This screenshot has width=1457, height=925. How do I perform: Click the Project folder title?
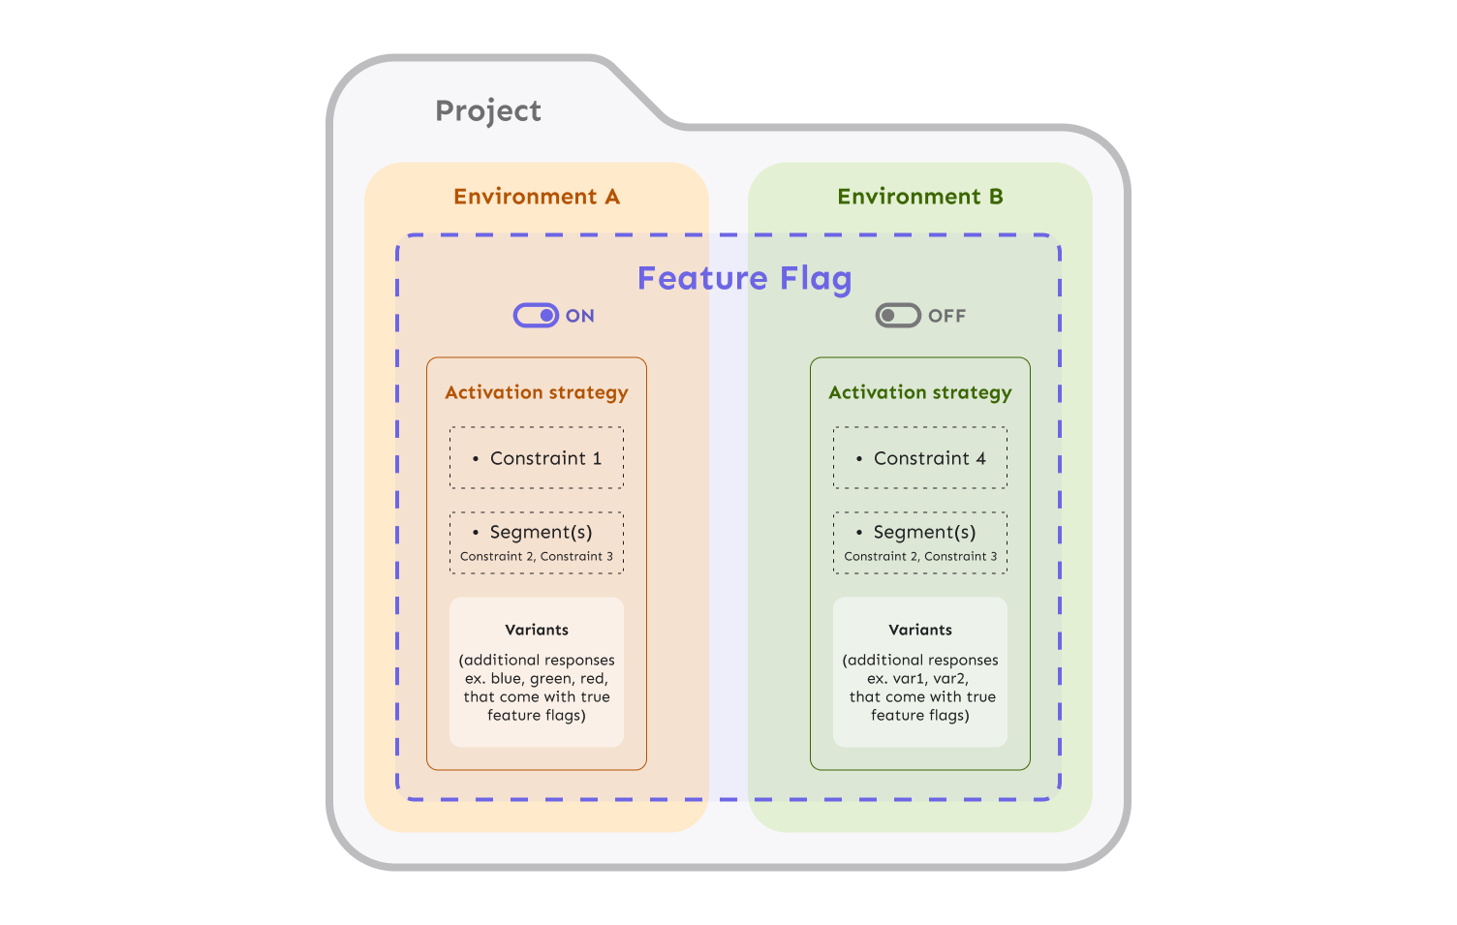(487, 111)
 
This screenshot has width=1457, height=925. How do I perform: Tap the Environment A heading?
(536, 197)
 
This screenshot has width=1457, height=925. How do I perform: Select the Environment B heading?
(919, 197)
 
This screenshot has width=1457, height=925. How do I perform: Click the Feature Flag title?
(744, 279)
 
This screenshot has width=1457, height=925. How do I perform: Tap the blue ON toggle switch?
(536, 316)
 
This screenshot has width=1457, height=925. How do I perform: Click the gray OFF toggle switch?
(898, 316)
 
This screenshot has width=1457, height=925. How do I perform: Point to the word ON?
(580, 316)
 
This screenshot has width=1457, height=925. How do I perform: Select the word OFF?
(946, 316)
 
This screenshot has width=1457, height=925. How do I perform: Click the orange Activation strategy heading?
(536, 392)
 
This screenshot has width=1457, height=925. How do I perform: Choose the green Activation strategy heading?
(919, 392)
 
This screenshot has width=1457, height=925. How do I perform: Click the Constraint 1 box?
(537, 458)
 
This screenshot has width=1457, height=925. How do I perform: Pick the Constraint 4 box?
(920, 458)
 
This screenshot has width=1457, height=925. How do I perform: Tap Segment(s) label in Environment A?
(541, 532)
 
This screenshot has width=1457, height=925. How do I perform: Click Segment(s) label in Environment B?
(924, 532)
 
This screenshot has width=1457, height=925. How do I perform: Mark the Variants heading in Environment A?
(537, 630)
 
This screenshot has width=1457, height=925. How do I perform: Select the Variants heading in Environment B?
(920, 630)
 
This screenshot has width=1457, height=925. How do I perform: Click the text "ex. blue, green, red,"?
(537, 678)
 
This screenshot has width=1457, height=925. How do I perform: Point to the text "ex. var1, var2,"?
(917, 678)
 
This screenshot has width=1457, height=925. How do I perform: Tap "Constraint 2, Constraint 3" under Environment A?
(537, 557)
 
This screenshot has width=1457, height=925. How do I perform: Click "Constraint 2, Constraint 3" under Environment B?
(920, 557)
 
